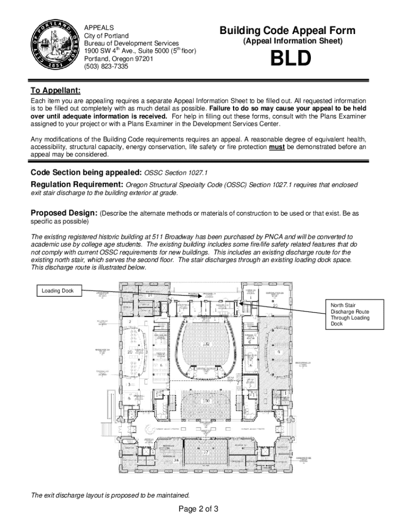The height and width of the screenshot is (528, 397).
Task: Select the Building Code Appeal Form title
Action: (x=287, y=31)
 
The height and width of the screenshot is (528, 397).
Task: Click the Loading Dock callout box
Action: (x=58, y=291)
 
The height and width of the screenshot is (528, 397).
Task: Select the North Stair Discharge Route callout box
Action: (x=350, y=314)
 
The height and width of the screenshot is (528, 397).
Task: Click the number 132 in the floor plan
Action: (x=206, y=343)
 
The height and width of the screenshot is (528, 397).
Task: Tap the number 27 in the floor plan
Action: (x=205, y=452)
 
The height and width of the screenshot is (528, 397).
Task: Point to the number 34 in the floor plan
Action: (x=176, y=461)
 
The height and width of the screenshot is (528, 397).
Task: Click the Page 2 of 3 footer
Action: (x=198, y=509)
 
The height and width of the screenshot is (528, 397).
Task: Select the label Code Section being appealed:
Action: (x=86, y=172)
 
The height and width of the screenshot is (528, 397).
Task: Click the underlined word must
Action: (x=275, y=147)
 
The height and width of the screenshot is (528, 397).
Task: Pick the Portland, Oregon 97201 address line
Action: (x=119, y=59)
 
